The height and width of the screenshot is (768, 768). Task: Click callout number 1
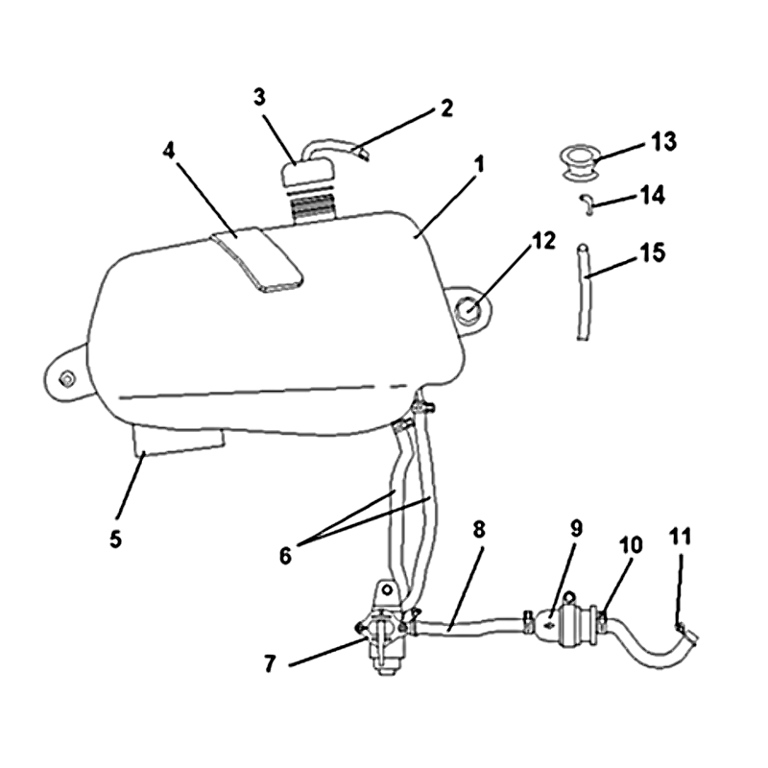479,164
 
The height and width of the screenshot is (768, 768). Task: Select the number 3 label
259,98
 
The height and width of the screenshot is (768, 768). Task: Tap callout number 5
115,540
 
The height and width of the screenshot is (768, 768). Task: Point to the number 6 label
285,556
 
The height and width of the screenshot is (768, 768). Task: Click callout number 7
271,664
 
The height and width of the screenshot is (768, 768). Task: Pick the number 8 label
479,530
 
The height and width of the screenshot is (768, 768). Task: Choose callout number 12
544,241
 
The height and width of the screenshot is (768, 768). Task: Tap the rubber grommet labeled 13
579,162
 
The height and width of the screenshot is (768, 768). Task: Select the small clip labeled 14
587,204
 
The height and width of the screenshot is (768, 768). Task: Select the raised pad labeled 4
257,259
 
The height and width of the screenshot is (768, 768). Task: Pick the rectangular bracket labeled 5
179,440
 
